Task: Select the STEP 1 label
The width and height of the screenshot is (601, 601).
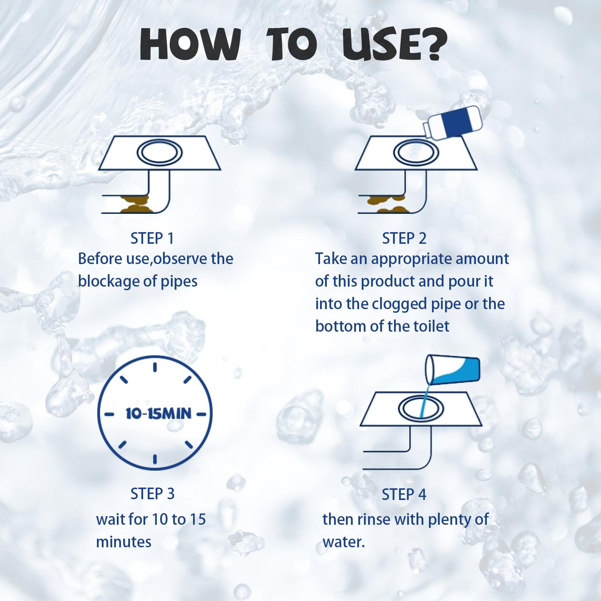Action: click(x=152, y=239)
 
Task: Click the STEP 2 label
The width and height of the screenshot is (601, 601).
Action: click(x=404, y=239)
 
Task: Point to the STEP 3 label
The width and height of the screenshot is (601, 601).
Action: click(x=153, y=494)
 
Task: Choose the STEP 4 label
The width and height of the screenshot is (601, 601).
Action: click(x=404, y=495)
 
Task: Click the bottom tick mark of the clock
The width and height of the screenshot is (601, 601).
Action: click(x=155, y=460)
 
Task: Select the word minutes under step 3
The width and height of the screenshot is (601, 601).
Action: click(x=124, y=542)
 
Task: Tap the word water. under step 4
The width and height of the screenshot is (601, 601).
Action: click(x=344, y=542)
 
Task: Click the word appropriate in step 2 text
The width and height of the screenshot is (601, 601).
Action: click(x=411, y=260)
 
